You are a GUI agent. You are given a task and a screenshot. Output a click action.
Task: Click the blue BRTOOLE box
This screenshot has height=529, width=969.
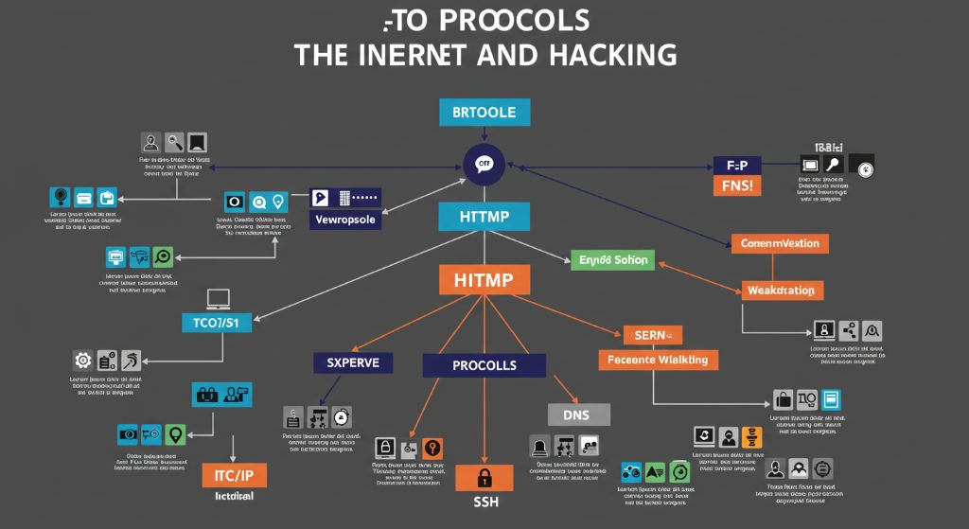[484, 112]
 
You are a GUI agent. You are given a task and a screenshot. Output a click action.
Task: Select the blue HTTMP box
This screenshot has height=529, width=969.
[484, 217]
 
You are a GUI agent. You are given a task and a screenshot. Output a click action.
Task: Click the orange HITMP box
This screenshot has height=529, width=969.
[484, 279]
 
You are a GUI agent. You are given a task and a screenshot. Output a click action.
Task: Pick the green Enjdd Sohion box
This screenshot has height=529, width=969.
[612, 258]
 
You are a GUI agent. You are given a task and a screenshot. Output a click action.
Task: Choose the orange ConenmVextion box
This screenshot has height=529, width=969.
[781, 243]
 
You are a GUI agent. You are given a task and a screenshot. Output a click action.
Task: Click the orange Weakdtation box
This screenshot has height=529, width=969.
[781, 290]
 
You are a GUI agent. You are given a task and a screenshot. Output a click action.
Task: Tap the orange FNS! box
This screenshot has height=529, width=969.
[736, 185]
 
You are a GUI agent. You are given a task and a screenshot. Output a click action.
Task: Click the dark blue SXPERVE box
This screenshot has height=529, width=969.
[353, 362]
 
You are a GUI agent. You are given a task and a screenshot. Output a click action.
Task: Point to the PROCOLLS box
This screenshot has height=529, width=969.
[484, 365]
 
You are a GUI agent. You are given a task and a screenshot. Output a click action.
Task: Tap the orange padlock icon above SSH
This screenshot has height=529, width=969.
[484, 477]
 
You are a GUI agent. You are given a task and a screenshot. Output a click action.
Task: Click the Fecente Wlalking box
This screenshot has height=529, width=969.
[658, 360]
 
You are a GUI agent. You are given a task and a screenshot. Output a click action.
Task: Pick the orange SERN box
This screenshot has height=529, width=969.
[651, 334]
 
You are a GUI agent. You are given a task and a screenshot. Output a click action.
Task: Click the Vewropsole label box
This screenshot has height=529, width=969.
[344, 220]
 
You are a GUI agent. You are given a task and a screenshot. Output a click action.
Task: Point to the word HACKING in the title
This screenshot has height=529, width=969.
[610, 54]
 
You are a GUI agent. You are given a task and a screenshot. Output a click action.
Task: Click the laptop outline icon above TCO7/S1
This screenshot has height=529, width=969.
[219, 299]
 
